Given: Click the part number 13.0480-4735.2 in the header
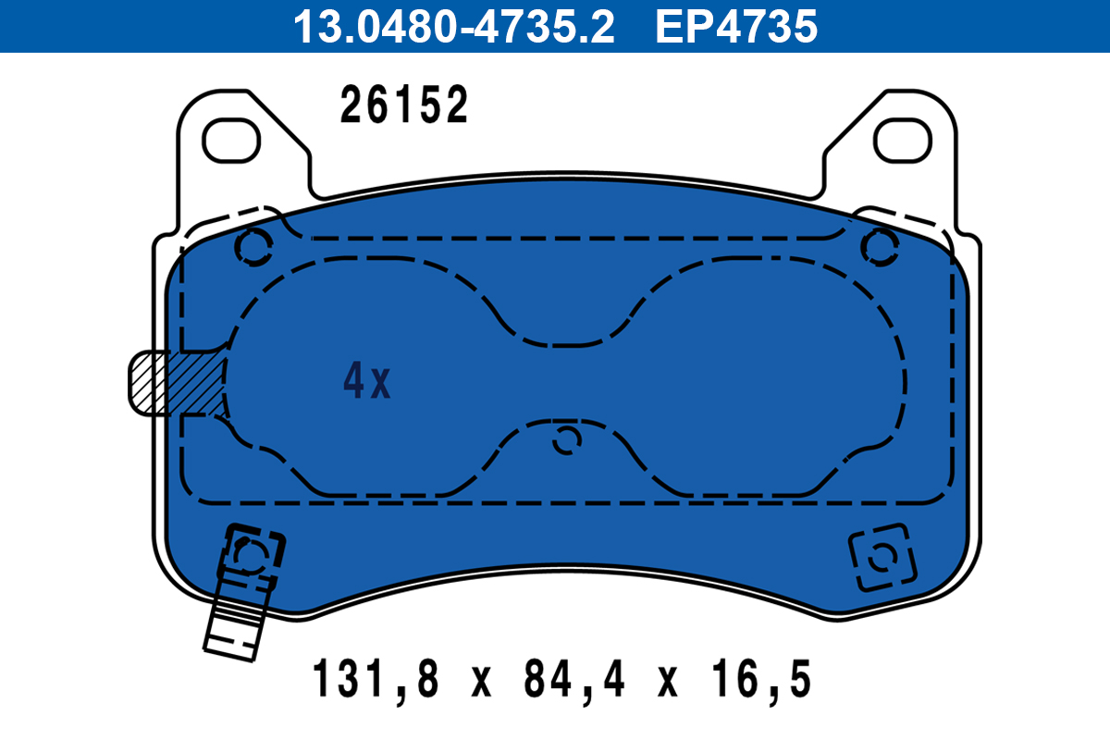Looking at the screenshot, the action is click(454, 27).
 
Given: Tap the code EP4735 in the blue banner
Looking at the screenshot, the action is click(736, 27).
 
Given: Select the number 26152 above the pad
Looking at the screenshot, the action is click(403, 105).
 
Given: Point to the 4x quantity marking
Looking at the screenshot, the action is click(366, 381).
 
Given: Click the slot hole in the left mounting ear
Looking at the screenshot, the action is click(231, 141).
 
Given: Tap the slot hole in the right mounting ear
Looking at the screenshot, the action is click(903, 141).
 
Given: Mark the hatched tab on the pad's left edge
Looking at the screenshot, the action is click(176, 382).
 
